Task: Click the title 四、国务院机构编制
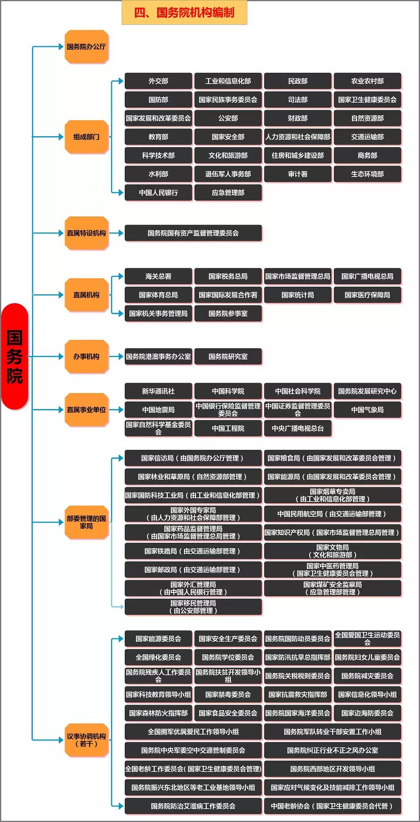[184, 13]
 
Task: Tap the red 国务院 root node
[15, 356]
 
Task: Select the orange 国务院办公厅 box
[86, 47]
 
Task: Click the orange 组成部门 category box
[86, 137]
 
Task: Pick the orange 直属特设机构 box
[86, 233]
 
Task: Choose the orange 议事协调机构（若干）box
[86, 740]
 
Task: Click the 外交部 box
[158, 81]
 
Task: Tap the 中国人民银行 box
[158, 193]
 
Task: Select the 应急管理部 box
[228, 193]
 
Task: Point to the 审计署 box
[298, 174]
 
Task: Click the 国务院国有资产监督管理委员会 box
[193, 233]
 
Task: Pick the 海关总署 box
[158, 276]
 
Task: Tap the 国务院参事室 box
[228, 314]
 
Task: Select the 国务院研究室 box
[228, 357]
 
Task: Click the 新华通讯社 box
[158, 391]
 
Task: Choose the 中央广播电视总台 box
[298, 428]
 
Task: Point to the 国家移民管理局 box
[193, 607]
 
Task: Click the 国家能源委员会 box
[158, 639]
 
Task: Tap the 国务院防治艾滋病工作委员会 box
[193, 806]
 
